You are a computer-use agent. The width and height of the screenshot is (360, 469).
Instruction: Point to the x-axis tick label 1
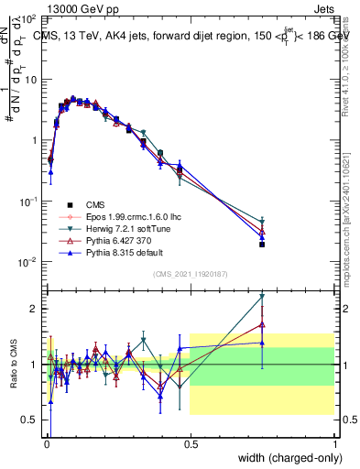coord(333,443)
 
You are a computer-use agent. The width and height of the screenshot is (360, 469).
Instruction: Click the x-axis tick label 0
coord(46,443)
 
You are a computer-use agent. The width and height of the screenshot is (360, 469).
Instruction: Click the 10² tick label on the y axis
coord(27,18)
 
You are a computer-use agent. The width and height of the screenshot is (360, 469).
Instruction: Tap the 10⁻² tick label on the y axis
coord(27,262)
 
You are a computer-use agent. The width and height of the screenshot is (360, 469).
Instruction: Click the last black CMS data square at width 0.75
coord(262,245)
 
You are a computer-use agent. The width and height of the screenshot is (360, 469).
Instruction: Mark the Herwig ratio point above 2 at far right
coord(262,296)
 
